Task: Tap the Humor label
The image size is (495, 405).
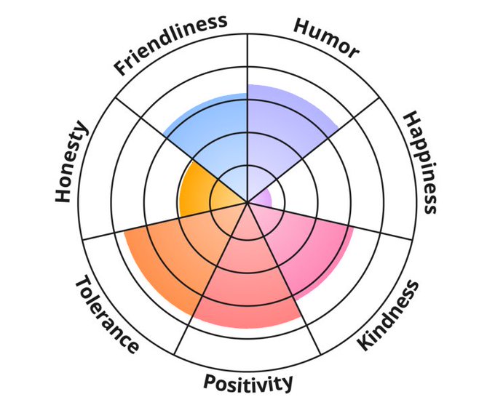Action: (x=326, y=38)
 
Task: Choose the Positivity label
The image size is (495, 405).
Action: (x=248, y=382)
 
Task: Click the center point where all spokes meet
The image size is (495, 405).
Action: (x=247, y=202)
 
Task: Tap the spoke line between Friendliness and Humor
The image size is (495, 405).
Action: (x=247, y=65)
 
